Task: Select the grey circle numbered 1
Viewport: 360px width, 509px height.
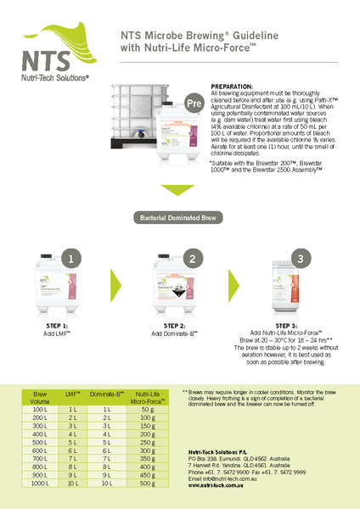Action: click(x=74, y=259)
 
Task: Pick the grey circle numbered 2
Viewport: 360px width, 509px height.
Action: click(x=192, y=259)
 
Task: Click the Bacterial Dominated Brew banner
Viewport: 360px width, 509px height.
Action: click(x=179, y=218)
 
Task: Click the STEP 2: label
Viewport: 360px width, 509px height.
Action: click(x=172, y=326)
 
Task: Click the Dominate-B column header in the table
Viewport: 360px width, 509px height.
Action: click(x=108, y=394)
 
